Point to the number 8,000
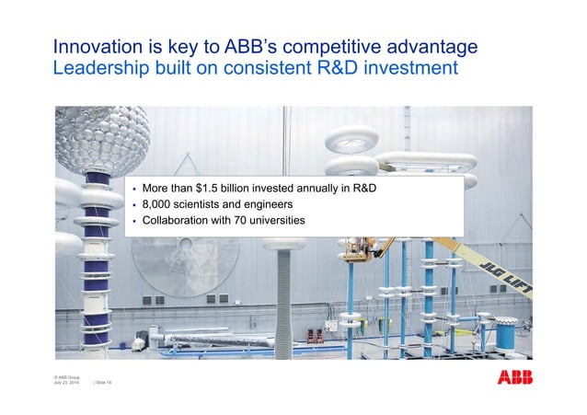tap(159, 204)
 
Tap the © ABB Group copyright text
tap(67, 376)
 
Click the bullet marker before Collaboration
tap(133, 221)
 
